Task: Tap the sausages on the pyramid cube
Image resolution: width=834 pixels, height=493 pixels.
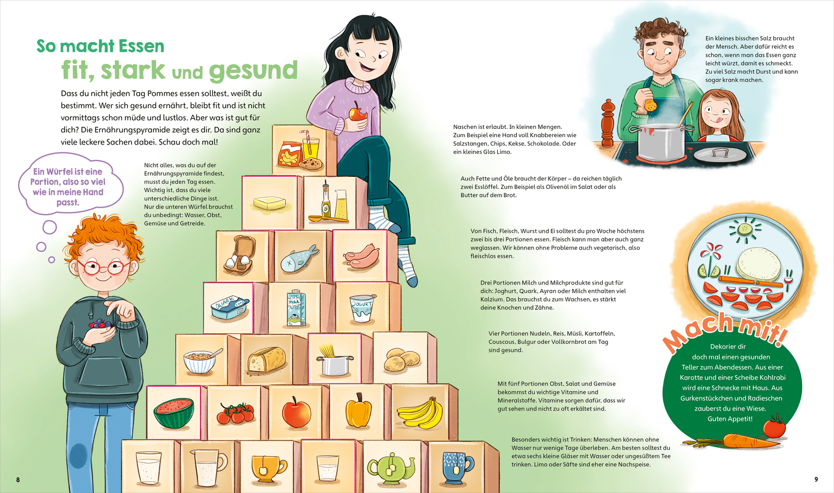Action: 362,256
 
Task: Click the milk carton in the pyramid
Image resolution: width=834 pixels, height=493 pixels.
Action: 296,308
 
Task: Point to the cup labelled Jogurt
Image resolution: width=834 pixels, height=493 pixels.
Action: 362,308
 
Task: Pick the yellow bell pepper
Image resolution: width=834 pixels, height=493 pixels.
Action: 359,411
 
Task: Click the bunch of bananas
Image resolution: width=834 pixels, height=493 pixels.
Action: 420,412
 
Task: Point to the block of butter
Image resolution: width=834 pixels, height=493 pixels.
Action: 270,203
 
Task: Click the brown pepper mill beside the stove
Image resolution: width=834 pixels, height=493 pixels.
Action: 607,124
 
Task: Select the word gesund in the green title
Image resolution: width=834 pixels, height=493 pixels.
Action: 253,70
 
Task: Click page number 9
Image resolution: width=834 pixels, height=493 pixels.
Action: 816,479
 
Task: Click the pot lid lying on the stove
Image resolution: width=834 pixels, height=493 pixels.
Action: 720,154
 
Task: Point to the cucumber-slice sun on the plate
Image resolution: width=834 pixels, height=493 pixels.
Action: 745,230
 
